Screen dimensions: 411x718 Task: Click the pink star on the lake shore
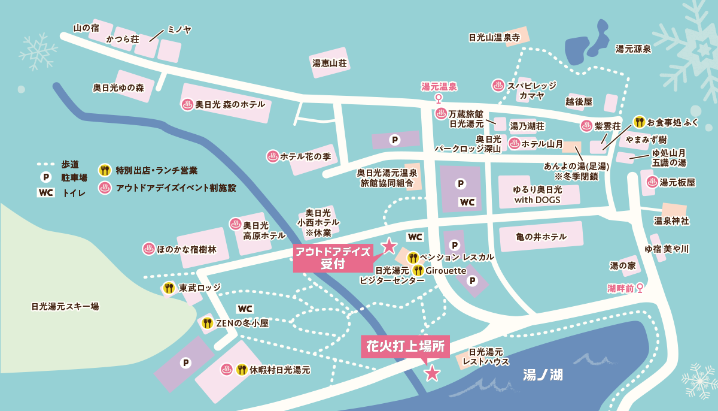pos(431,374)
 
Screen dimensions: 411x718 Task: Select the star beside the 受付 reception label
pos(389,244)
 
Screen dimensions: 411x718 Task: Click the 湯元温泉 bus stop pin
pos(439,98)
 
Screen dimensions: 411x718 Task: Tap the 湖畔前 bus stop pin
pos(640,288)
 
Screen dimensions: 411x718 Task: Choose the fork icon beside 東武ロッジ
pos(169,288)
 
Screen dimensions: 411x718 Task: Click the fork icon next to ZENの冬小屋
pos(208,323)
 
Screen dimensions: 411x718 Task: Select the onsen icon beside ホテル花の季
pos(272,156)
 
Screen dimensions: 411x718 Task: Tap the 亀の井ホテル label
pos(541,237)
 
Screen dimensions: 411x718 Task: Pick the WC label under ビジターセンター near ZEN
pos(245,309)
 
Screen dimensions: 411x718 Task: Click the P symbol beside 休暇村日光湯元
pos(185,362)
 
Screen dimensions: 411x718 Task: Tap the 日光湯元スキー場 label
pos(65,306)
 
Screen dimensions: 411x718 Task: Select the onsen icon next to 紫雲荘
pos(586,126)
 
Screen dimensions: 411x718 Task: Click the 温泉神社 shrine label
pos(671,221)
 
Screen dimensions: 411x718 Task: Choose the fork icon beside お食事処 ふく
pos(640,122)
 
